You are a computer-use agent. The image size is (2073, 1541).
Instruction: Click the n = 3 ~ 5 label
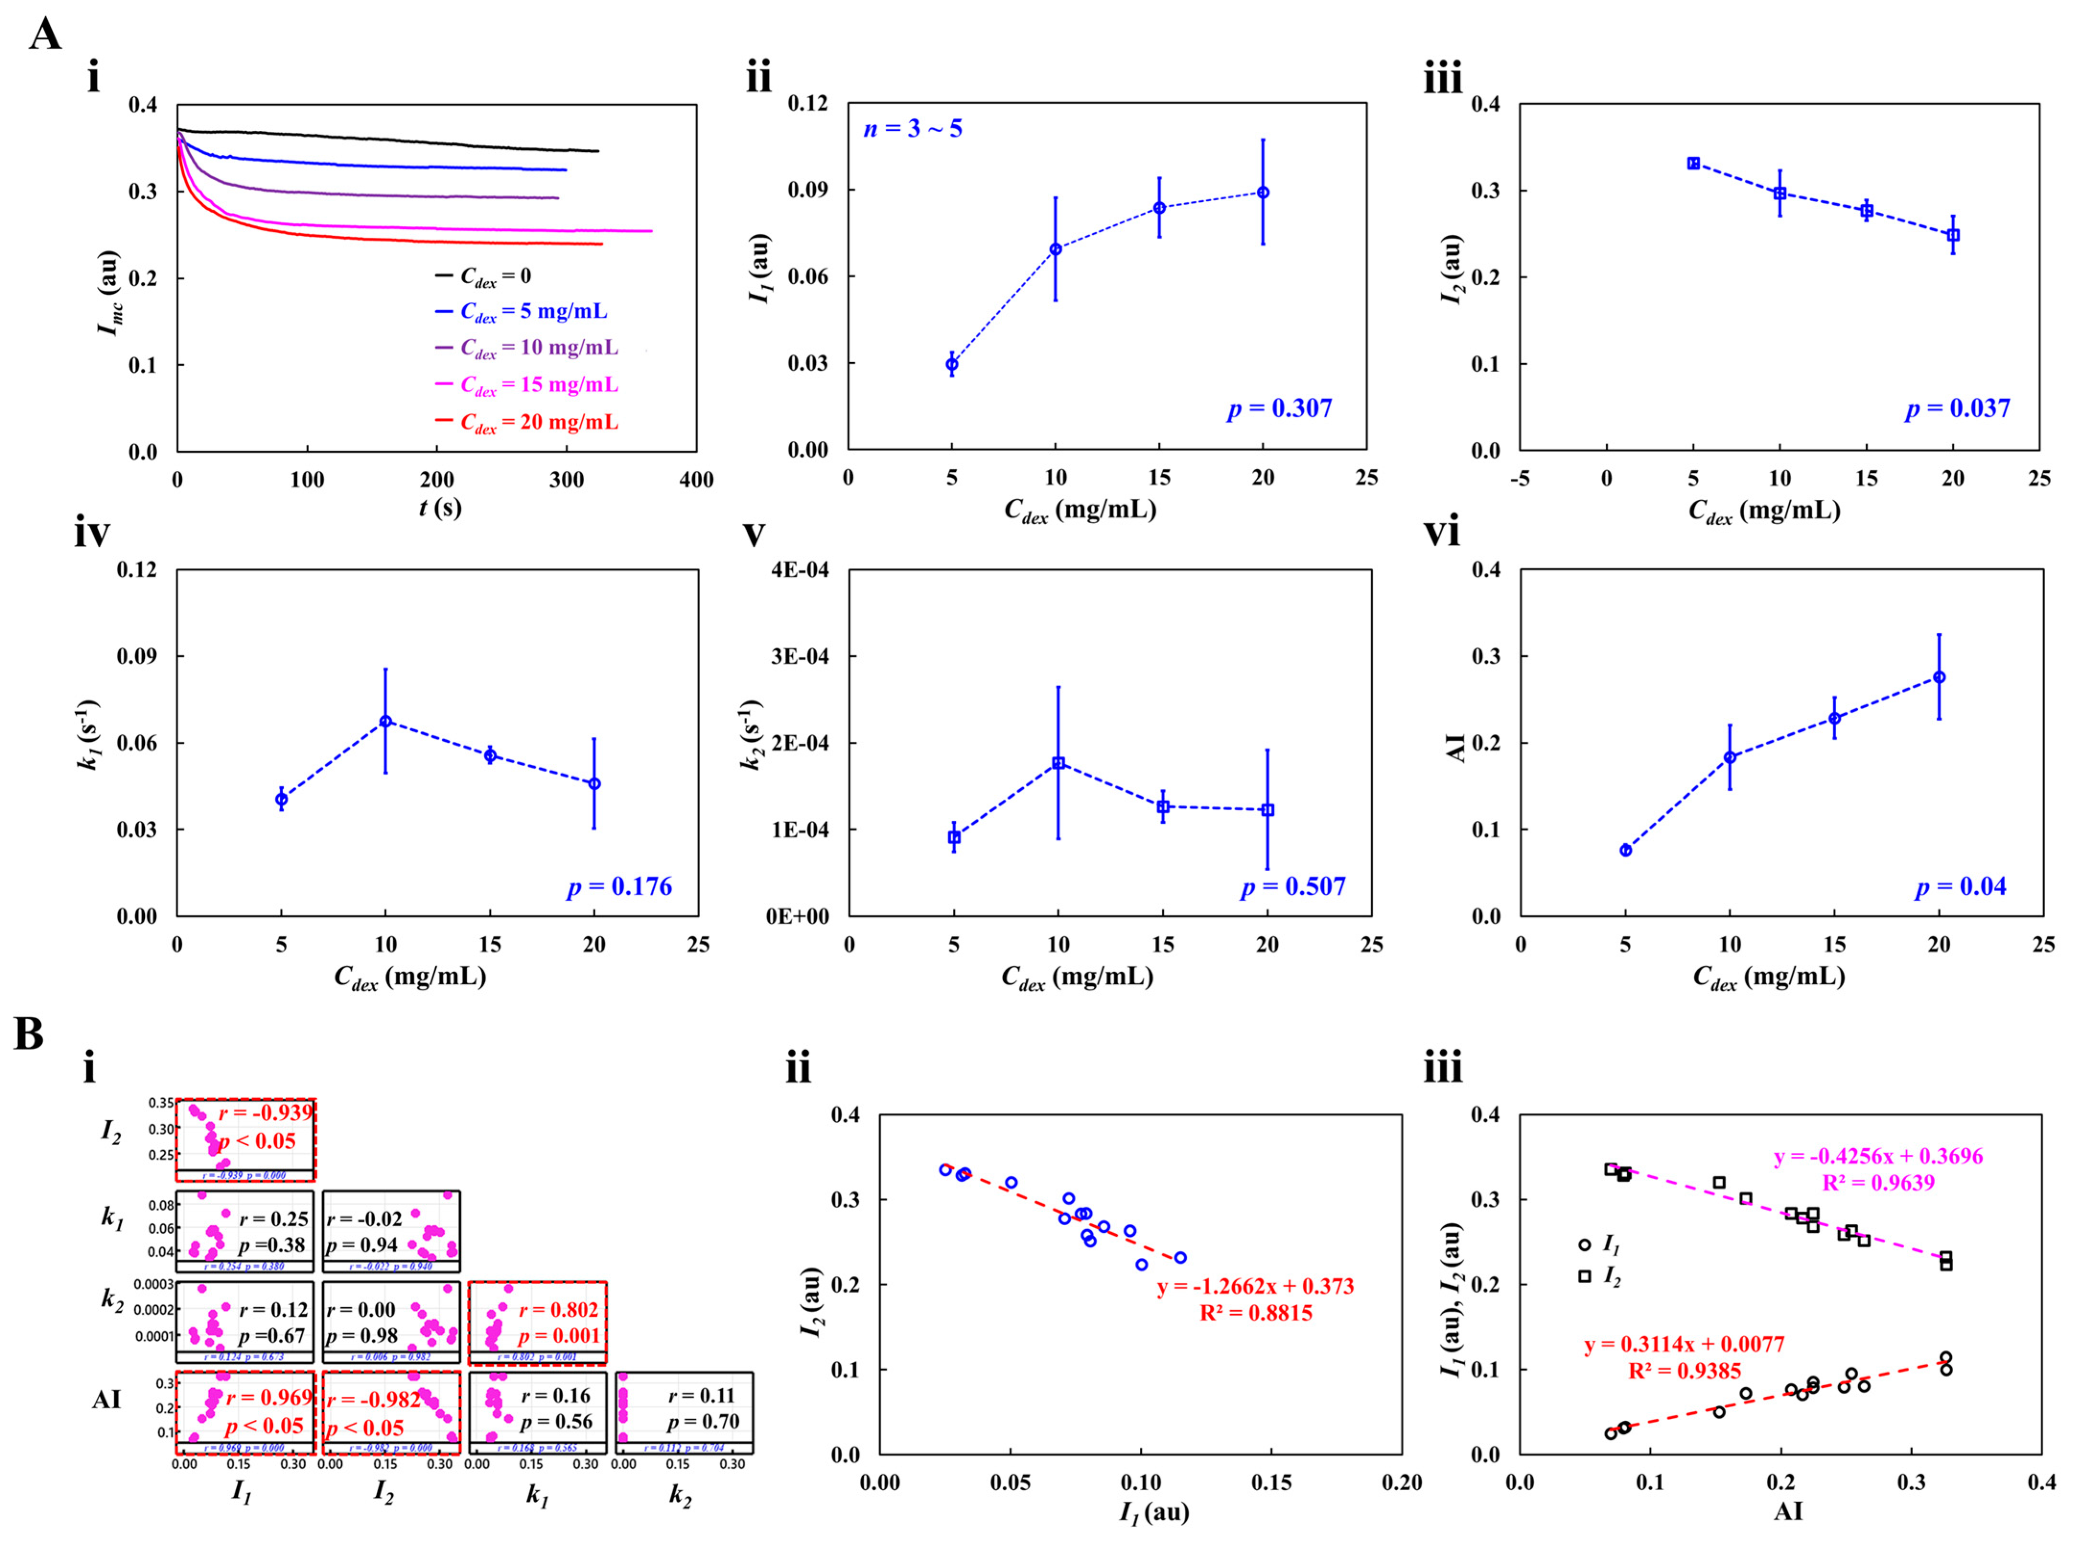coord(913,129)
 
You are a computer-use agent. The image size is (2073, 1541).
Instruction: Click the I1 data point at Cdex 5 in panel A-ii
coord(951,364)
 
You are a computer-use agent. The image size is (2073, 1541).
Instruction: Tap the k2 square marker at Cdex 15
coord(1162,806)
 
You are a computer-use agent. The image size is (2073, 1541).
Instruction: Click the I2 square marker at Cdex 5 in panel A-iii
coord(1693,163)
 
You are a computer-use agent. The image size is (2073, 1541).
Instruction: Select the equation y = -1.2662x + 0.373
coord(1255,1287)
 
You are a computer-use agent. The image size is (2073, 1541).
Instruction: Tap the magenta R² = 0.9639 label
coord(1877,1183)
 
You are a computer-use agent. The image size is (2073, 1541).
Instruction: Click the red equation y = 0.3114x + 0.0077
coord(1684,1345)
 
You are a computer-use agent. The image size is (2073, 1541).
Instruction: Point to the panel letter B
coord(28,1034)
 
